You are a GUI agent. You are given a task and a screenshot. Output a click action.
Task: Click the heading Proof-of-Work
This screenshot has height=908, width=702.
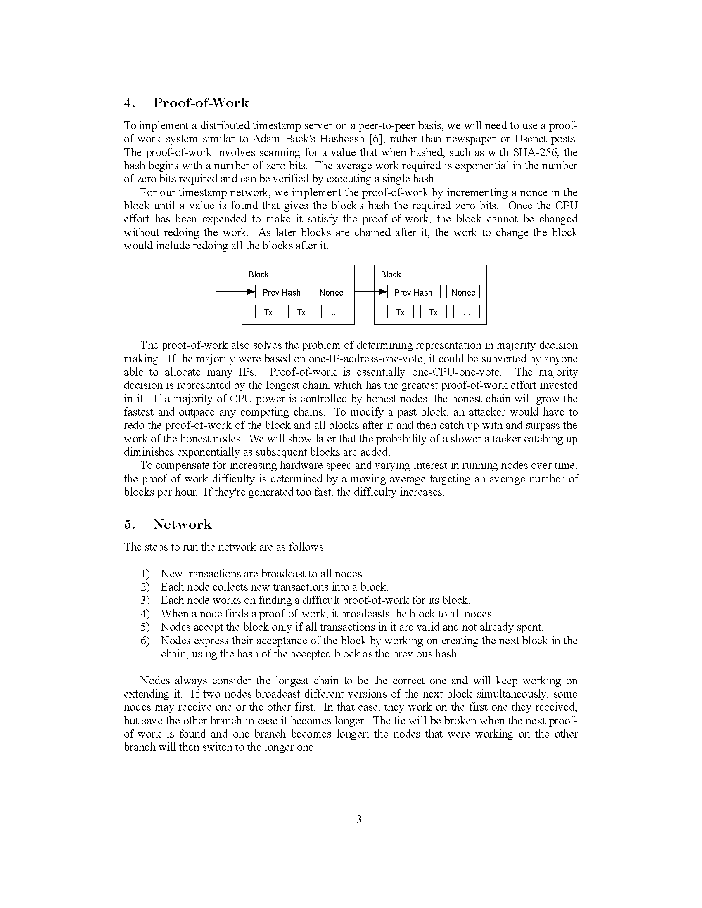pos(200,103)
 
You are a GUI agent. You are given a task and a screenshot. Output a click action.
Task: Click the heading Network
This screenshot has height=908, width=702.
pos(182,524)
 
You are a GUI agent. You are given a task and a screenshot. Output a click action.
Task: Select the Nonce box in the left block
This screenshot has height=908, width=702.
pos(331,292)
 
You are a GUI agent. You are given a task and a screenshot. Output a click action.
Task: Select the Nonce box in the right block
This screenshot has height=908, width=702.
pos(463,292)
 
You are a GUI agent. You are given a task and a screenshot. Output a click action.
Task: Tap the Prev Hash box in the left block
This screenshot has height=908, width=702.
pos(282,292)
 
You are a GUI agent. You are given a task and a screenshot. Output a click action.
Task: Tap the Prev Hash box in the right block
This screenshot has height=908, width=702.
pos(413,292)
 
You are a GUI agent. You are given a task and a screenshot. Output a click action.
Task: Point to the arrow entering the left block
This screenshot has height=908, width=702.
pos(233,292)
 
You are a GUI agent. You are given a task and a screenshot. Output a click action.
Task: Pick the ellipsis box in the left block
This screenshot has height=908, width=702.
pos(334,312)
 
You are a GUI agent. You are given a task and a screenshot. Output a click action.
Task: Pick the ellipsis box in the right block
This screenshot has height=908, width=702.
pos(466,312)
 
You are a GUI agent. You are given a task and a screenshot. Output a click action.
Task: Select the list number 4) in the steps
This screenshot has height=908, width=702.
pos(145,614)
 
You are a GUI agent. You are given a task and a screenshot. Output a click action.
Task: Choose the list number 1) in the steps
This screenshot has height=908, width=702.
pos(145,574)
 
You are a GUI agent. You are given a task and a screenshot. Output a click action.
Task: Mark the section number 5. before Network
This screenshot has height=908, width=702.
pos(129,524)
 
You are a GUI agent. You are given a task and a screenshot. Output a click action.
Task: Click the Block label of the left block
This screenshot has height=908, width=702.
pos(259,274)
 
